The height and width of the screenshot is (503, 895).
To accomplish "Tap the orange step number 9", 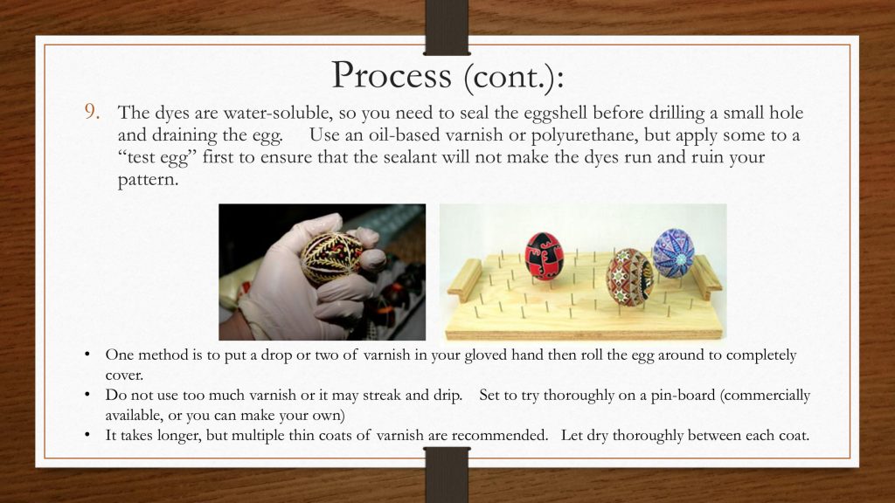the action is (93, 112).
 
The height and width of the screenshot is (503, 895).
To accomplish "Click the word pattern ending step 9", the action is (148, 180).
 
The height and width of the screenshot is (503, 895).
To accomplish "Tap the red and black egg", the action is (544, 256).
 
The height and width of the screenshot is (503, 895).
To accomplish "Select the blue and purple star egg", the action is (674, 253).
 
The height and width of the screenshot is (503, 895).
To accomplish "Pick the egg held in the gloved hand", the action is (331, 258).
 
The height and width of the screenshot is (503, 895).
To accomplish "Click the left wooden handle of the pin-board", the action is (465, 279).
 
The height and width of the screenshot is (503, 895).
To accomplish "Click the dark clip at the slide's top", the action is (447, 27).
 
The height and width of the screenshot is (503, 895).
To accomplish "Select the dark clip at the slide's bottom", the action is (447, 474).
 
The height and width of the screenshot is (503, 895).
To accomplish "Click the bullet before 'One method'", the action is (87, 355).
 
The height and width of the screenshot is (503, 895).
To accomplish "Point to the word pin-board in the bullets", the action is (683, 396).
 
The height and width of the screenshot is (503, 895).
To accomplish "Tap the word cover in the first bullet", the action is (124, 376).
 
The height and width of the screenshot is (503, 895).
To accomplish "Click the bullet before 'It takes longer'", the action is (87, 436).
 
